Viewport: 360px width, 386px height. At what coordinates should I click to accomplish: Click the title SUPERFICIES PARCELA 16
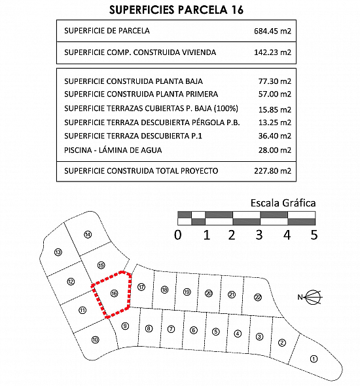(x=176, y=10)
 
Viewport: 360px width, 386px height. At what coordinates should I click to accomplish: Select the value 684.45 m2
(x=272, y=31)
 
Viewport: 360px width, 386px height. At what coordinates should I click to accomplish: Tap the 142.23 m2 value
(x=272, y=52)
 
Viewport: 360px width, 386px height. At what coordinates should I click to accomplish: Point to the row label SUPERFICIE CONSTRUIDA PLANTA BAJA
(x=134, y=81)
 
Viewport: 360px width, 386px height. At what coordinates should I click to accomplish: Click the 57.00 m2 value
(x=275, y=94)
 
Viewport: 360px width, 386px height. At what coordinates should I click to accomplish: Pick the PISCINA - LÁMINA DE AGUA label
(x=113, y=150)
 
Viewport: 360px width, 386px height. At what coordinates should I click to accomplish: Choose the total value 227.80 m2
(x=272, y=171)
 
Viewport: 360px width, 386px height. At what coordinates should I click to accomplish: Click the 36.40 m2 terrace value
(x=275, y=136)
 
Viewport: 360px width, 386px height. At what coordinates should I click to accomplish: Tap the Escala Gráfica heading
(x=283, y=203)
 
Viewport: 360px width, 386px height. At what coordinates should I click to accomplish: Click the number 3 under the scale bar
(x=259, y=235)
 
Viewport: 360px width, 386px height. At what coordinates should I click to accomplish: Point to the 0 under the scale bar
(x=178, y=235)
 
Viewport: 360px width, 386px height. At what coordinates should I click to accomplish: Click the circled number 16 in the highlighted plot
(x=114, y=294)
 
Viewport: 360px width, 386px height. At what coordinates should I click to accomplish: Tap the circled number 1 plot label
(x=314, y=359)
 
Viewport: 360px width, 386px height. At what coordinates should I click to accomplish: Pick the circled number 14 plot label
(x=88, y=235)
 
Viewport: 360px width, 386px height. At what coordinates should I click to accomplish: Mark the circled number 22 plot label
(x=258, y=298)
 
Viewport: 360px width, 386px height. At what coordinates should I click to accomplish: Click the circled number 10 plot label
(x=95, y=340)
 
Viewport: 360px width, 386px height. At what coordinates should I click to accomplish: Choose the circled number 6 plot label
(x=194, y=330)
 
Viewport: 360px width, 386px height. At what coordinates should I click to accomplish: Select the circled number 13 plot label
(x=58, y=252)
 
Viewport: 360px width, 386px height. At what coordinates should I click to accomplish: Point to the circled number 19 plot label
(x=187, y=292)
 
